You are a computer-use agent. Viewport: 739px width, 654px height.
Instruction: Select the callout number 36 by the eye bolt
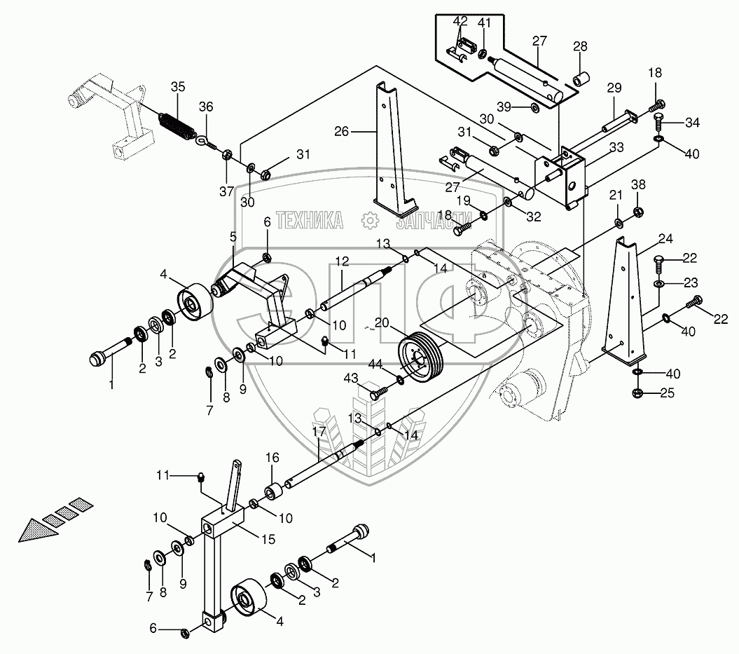point(206,107)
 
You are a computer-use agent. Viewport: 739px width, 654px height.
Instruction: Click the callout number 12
point(341,260)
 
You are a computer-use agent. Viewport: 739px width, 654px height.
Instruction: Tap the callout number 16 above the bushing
point(272,457)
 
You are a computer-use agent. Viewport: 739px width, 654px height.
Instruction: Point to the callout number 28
point(581,46)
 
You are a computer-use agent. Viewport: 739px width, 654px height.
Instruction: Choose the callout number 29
point(614,88)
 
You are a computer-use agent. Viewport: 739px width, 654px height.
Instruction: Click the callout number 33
point(616,147)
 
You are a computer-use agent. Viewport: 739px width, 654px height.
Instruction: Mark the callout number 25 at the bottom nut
point(667,393)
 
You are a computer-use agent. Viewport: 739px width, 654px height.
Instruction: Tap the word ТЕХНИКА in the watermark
point(310,222)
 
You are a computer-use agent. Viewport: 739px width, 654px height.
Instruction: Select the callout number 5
point(233,237)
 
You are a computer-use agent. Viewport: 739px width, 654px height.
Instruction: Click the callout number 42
point(460,20)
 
